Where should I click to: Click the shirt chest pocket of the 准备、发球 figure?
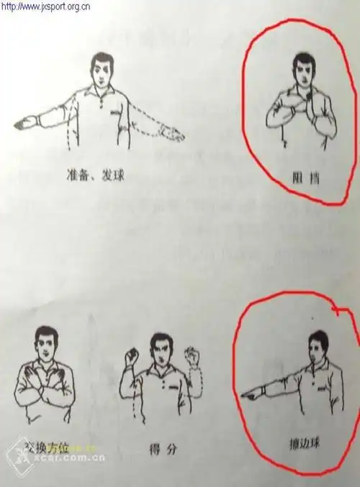coord(115,113)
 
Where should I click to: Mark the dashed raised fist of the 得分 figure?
coord(191,355)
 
